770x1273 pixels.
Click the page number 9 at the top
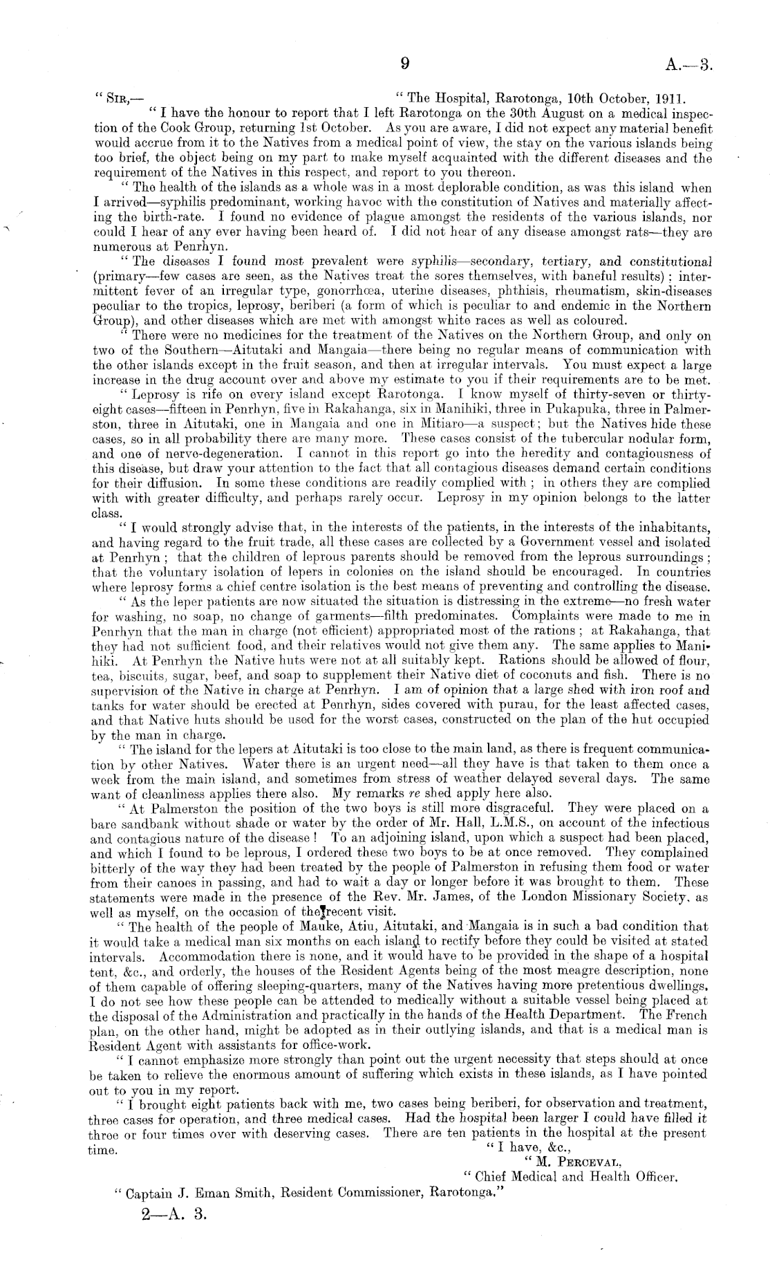point(406,64)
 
